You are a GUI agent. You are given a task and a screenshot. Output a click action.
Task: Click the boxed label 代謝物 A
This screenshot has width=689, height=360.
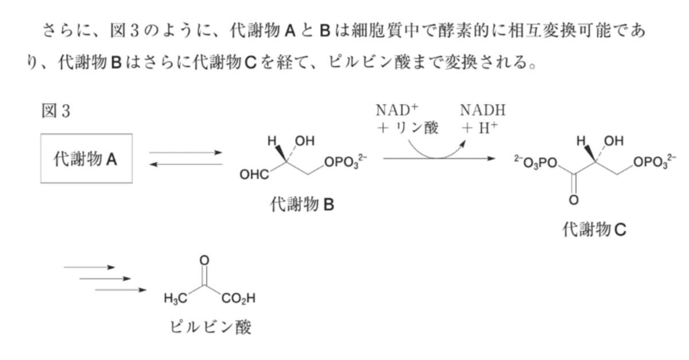(86, 160)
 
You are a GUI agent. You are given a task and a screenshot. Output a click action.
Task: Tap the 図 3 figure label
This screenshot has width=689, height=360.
(56, 111)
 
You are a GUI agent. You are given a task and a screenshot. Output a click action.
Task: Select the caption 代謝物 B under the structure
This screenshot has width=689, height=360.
(302, 204)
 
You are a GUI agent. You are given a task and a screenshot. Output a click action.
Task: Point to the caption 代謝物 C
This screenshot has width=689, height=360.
(594, 230)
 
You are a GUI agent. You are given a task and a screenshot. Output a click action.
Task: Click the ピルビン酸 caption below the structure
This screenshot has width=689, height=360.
(211, 327)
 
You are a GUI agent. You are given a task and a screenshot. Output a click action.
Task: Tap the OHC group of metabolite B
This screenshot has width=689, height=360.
(254, 175)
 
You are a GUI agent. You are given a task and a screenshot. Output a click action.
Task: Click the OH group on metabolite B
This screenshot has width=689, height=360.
(305, 141)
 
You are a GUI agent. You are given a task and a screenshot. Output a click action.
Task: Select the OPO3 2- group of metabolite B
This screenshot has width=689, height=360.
(346, 162)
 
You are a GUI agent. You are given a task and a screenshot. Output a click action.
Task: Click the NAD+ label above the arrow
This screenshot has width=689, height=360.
(397, 110)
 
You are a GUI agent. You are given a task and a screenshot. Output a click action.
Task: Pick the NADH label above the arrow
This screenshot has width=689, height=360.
(483, 110)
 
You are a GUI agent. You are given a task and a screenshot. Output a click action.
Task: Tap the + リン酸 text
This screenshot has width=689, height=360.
(408, 128)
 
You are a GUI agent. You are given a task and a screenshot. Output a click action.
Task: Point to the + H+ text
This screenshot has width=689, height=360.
(480, 128)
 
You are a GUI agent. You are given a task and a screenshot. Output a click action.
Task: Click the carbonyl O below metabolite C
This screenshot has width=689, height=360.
(574, 200)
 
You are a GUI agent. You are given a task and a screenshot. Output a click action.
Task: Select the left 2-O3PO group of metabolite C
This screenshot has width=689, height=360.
(536, 162)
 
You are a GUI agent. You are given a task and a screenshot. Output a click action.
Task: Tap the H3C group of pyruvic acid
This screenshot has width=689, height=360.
(175, 298)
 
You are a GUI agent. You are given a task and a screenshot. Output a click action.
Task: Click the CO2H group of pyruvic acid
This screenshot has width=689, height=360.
(238, 298)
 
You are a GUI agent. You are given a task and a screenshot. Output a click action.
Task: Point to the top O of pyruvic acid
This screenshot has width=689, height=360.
(204, 261)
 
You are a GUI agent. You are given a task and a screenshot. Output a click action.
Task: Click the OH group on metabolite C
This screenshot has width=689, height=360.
(614, 141)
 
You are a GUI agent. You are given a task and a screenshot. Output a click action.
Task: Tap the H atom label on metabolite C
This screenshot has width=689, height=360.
(580, 141)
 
